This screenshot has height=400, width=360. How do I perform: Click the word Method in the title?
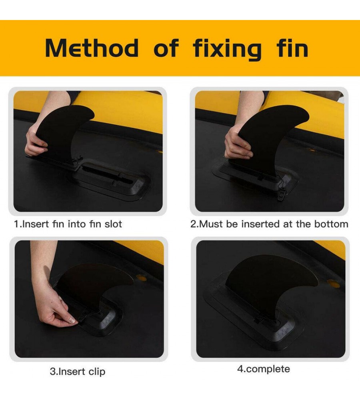[x=92, y=48]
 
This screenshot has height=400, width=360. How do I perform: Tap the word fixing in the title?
[x=227, y=49]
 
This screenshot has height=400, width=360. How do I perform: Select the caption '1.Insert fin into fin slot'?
[x=68, y=224]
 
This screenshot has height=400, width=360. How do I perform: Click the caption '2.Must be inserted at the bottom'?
[x=269, y=224]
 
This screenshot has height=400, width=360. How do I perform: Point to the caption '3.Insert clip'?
[x=78, y=372]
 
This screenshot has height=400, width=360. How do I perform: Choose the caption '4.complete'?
[x=264, y=369]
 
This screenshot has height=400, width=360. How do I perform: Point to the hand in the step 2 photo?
[x=237, y=146]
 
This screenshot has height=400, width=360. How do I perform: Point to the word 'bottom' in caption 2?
[x=331, y=224]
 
